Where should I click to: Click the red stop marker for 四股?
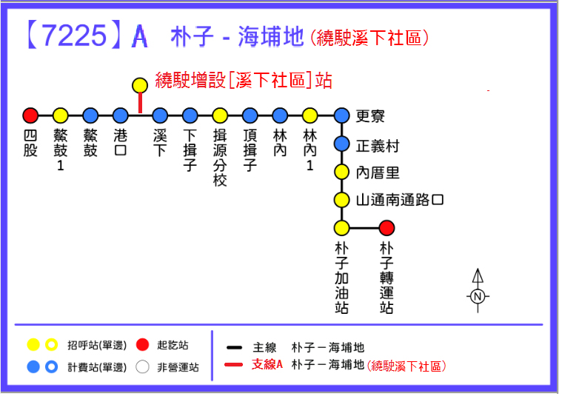point(30,115)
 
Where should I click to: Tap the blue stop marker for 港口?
point(121,115)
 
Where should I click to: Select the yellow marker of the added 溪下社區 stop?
point(140,85)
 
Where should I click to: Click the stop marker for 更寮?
point(341,115)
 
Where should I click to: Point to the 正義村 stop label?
point(378,144)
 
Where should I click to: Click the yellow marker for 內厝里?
point(341,172)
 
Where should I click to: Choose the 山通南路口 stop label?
point(400,200)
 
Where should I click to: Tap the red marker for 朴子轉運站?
point(387,228)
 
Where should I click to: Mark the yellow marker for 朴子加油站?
point(341,228)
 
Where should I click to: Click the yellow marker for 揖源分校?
point(220,115)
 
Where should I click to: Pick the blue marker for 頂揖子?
point(250,115)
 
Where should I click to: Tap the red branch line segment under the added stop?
point(140,104)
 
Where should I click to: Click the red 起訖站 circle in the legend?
point(144,345)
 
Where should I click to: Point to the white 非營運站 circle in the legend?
point(144,366)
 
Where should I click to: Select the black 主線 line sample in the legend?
point(235,347)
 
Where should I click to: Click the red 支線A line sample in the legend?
point(235,365)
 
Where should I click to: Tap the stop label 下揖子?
point(190,150)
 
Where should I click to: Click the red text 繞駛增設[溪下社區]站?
point(244,80)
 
